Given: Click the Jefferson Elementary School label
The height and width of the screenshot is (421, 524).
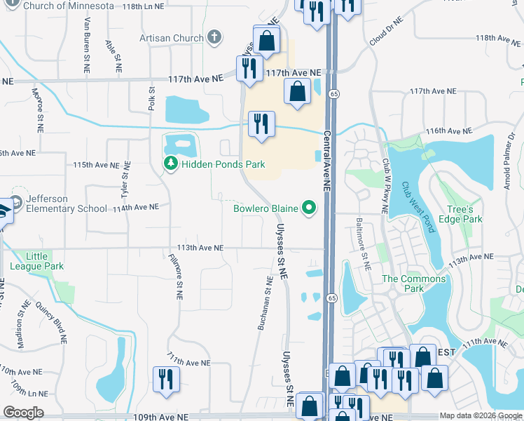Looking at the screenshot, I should pos(67,203).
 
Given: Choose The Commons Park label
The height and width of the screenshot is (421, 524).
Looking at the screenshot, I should pos(413,283).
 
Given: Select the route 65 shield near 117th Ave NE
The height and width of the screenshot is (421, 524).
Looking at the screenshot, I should pos(336,93).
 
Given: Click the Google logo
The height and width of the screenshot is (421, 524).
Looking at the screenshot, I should pos(22,413).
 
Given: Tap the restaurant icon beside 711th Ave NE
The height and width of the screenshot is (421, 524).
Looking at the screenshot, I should pos(166,380).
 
